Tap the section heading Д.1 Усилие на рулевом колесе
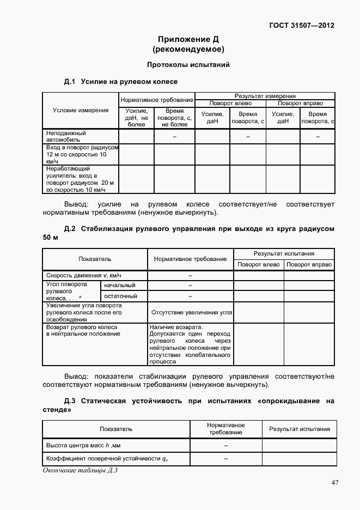click(x=121, y=82)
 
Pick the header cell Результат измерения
click(x=265, y=96)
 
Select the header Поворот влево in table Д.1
click(x=230, y=103)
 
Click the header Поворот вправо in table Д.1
click(x=300, y=103)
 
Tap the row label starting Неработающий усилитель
click(x=80, y=180)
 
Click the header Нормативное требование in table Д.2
click(x=190, y=259)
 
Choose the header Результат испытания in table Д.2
click(x=284, y=254)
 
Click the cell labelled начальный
click(x=120, y=286)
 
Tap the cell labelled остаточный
click(x=120, y=296)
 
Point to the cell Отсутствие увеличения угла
click(x=191, y=313)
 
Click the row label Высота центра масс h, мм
click(x=82, y=446)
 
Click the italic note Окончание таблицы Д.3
click(x=80, y=470)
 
